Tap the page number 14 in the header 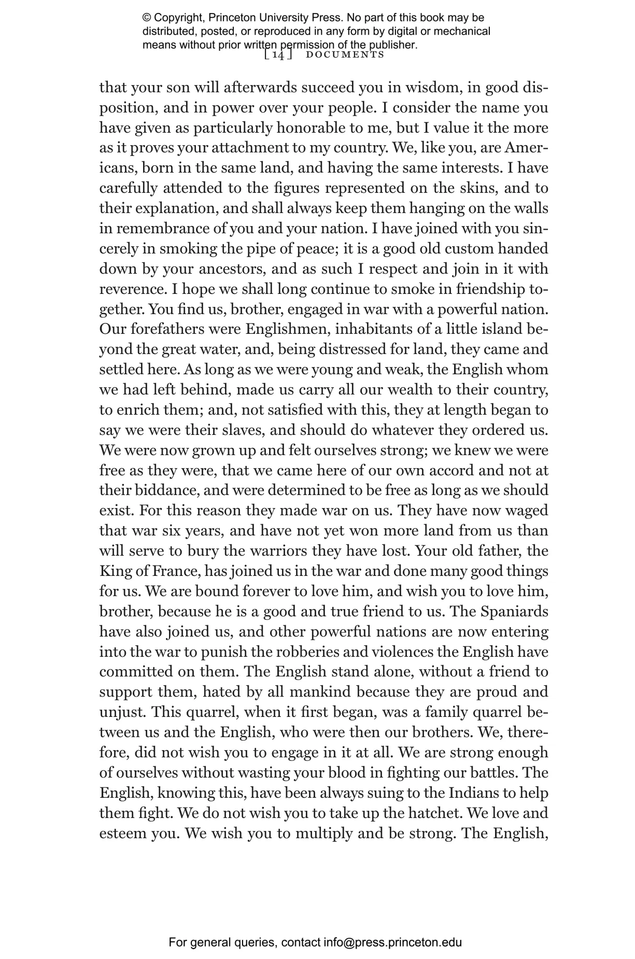278,55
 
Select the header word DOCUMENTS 345,55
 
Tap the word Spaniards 514,612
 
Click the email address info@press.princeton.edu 392,943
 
